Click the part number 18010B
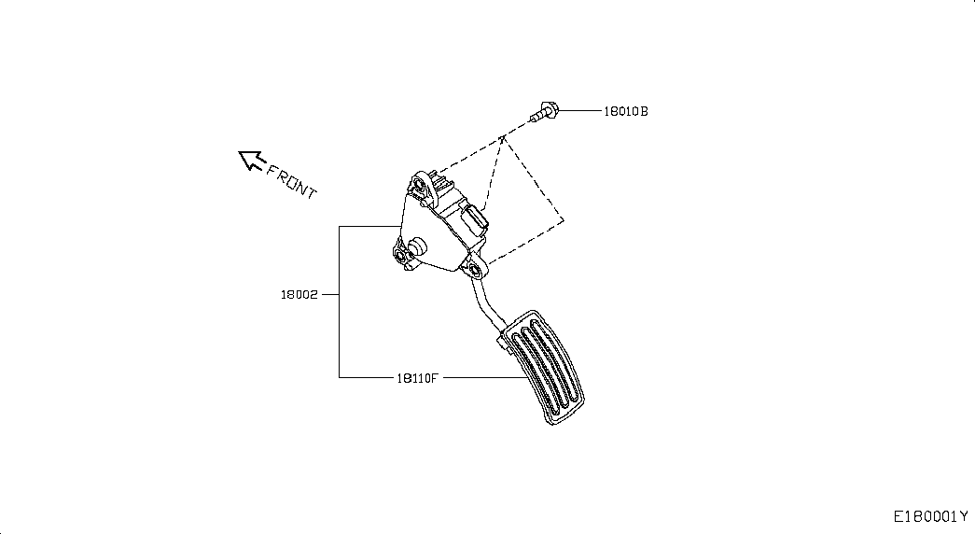coord(625,111)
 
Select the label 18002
coord(299,294)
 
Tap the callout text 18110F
coord(416,377)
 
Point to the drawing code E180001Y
coord(931,516)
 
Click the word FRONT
coord(292,181)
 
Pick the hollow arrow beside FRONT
coord(250,161)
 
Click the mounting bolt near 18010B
coord(544,113)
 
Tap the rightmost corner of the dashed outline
coord(564,221)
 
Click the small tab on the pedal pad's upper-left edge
coord(504,344)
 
